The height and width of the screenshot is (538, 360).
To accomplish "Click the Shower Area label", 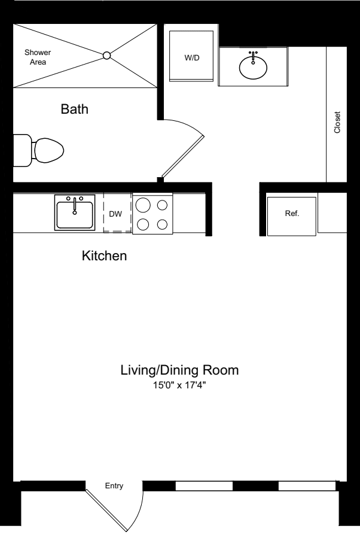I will pos(37,57).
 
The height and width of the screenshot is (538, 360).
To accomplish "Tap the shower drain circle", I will pos(107,56).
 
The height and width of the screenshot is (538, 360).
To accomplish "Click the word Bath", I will pos(75,110).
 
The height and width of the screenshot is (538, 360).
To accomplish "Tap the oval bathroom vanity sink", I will pos(253,66).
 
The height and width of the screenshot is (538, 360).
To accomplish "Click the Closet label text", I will pos(337,122).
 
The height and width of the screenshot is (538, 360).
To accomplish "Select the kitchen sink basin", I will pos(75,215).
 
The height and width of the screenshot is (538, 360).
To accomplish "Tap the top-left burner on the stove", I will pos(143,205).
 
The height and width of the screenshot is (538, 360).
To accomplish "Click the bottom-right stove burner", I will pos(162,225).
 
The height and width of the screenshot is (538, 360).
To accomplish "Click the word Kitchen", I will pos(104,257).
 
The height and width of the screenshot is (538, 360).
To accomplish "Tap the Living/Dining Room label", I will pos(179,370).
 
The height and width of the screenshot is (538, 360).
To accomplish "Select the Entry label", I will pos(114,486).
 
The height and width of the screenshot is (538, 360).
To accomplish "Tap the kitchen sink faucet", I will pos(75,204).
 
